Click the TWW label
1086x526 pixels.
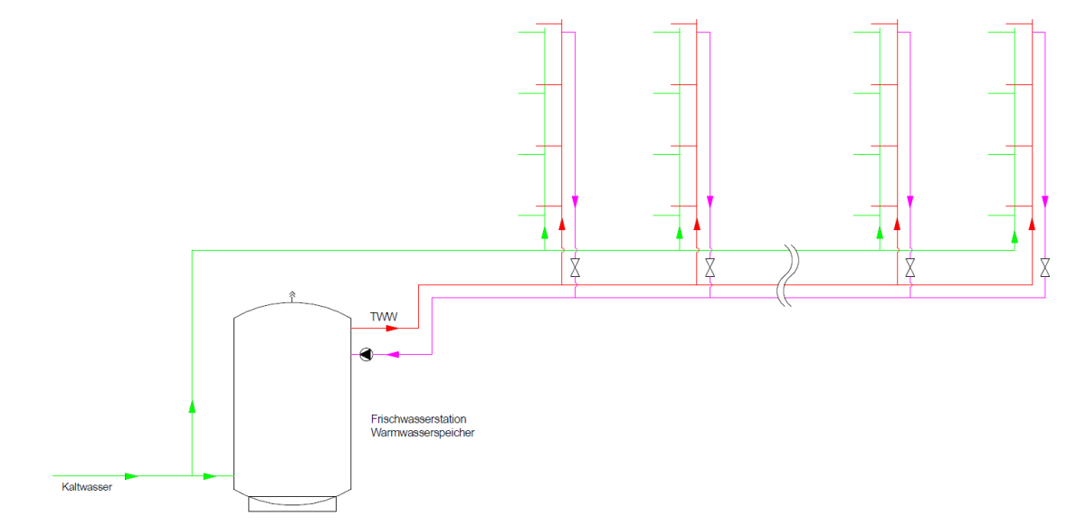pos(384,317)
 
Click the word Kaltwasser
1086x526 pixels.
pos(87,487)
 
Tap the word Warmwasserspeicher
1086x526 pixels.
pos(422,433)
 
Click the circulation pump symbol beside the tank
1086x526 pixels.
pos(366,355)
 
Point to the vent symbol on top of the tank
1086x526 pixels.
pos(291,294)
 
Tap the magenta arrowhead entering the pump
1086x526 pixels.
pos(393,355)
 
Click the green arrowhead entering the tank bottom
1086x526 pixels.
pos(210,475)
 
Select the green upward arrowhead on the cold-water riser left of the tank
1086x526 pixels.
pos(192,406)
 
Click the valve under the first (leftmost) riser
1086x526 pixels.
pos(575,268)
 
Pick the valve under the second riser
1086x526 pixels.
pos(710,268)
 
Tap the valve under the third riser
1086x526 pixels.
pos(910,268)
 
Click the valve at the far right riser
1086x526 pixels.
pos(1045,268)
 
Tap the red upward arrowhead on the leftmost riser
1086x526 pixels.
pos(561,224)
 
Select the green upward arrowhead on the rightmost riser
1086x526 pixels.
pos(1015,236)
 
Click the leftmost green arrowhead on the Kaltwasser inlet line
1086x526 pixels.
pos(131,475)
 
